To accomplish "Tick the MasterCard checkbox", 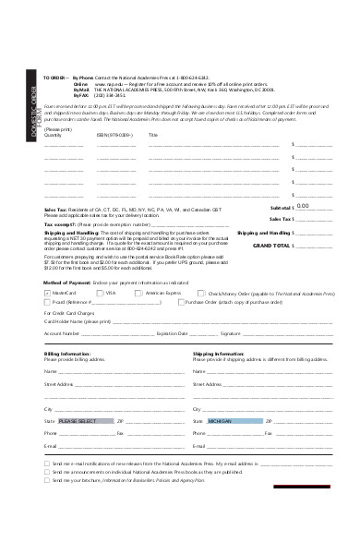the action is (x=46, y=292).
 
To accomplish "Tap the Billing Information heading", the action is (x=66, y=353).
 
